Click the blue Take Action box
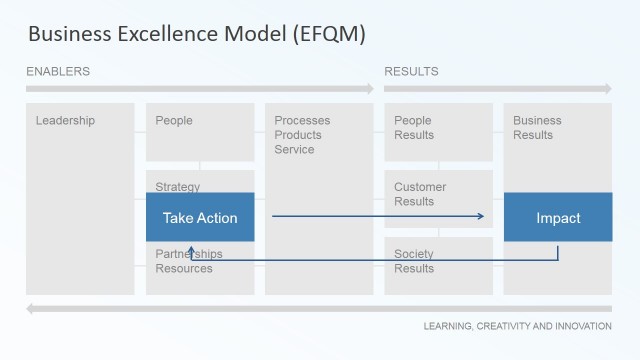click(200, 218)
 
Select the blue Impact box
click(558, 218)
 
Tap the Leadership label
click(65, 121)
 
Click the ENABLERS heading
click(58, 71)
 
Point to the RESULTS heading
click(411, 71)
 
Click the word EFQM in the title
click(329, 34)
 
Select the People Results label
click(413, 128)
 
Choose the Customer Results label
click(420, 194)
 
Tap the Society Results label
click(414, 261)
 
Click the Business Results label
click(537, 128)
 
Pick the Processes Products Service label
click(302, 135)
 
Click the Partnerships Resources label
click(189, 261)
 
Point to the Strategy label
click(178, 187)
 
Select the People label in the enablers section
click(174, 121)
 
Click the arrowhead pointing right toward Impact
click(481, 217)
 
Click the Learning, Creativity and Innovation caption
click(517, 326)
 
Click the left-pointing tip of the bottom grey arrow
click(30, 308)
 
